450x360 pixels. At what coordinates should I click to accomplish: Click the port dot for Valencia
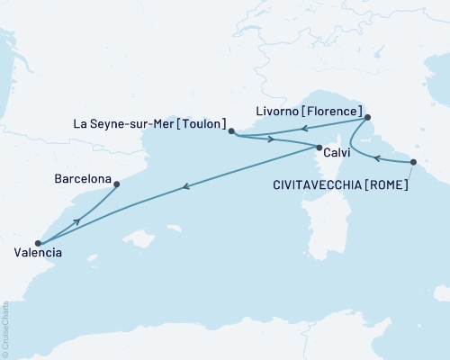click(x=37, y=243)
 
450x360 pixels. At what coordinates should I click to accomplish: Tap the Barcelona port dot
click(x=117, y=184)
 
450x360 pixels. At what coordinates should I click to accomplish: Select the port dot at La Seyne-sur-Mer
click(x=231, y=131)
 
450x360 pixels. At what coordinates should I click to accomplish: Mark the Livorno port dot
click(x=367, y=118)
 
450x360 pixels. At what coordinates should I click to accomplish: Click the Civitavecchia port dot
click(x=413, y=162)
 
